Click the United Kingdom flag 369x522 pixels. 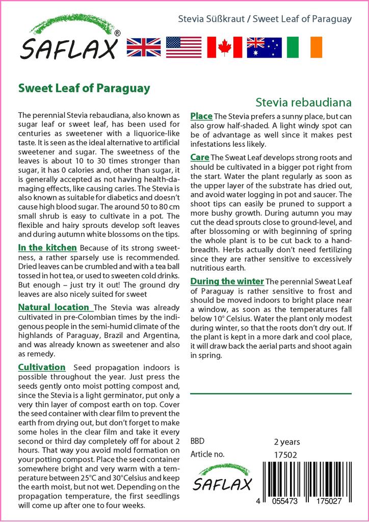point(144,47)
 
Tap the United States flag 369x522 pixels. point(183,47)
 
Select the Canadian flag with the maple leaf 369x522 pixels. point(224,47)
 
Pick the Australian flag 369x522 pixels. point(264,47)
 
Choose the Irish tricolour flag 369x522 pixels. point(304,47)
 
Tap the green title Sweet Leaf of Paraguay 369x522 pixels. point(84,88)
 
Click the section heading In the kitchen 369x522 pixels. point(47,248)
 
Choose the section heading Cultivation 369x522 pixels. point(42,367)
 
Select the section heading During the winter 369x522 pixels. point(227,281)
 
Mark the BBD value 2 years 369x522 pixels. point(287,442)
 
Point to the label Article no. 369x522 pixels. point(207,454)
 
